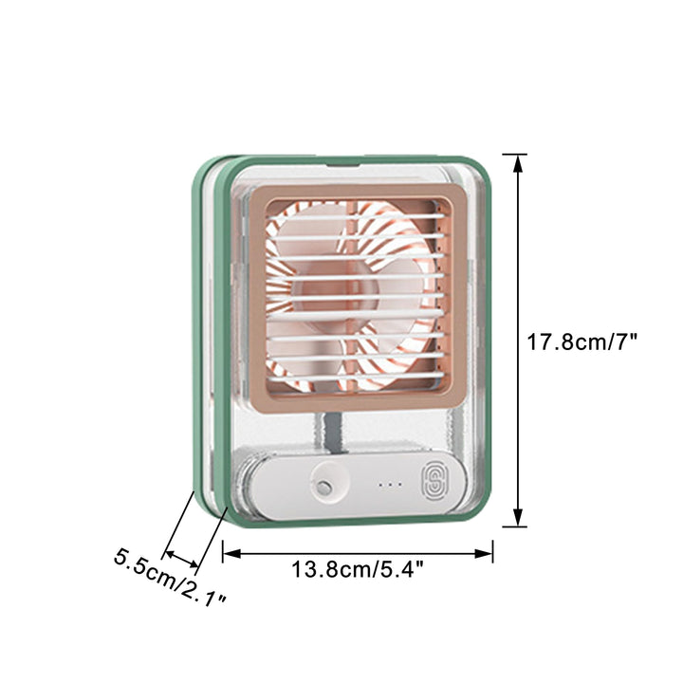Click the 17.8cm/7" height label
pos(581,341)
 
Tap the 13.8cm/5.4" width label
pos(358,569)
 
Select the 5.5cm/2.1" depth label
pos(170,578)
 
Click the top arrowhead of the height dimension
pos(518,164)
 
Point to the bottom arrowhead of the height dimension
pos(518,517)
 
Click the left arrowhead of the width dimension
pos(231,553)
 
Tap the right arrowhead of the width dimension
pos(484,553)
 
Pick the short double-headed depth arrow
pos(182,560)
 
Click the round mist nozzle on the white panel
pos(323,487)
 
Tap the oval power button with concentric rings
pos(434,482)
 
